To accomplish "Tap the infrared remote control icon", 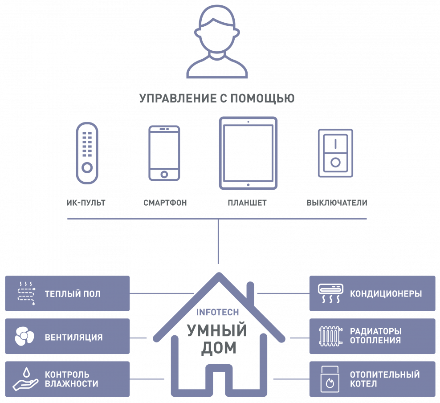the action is tap(87, 153).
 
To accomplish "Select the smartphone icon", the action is tap(164, 153).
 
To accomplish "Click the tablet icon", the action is tap(249, 153).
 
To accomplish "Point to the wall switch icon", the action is tap(335, 153).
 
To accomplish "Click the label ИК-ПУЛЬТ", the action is tap(86, 203).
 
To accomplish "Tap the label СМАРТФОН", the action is tap(165, 203).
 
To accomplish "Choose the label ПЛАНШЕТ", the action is tap(247, 203).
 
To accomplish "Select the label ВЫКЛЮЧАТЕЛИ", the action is tap(337, 203).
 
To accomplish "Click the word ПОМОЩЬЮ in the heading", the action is tap(262, 98).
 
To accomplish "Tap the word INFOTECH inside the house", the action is tap(217, 312).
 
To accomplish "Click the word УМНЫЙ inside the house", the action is tap(217, 330).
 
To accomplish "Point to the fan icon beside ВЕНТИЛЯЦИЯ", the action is tap(24, 336).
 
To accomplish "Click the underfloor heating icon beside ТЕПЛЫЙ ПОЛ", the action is tap(26, 293).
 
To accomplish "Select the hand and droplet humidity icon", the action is tap(25, 379).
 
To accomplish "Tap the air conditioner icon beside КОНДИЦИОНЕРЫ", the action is tap(330, 293).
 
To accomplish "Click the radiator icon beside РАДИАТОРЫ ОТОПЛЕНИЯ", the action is tap(330, 336).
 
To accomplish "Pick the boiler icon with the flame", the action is tap(330, 379).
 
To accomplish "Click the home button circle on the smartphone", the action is tap(164, 175).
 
